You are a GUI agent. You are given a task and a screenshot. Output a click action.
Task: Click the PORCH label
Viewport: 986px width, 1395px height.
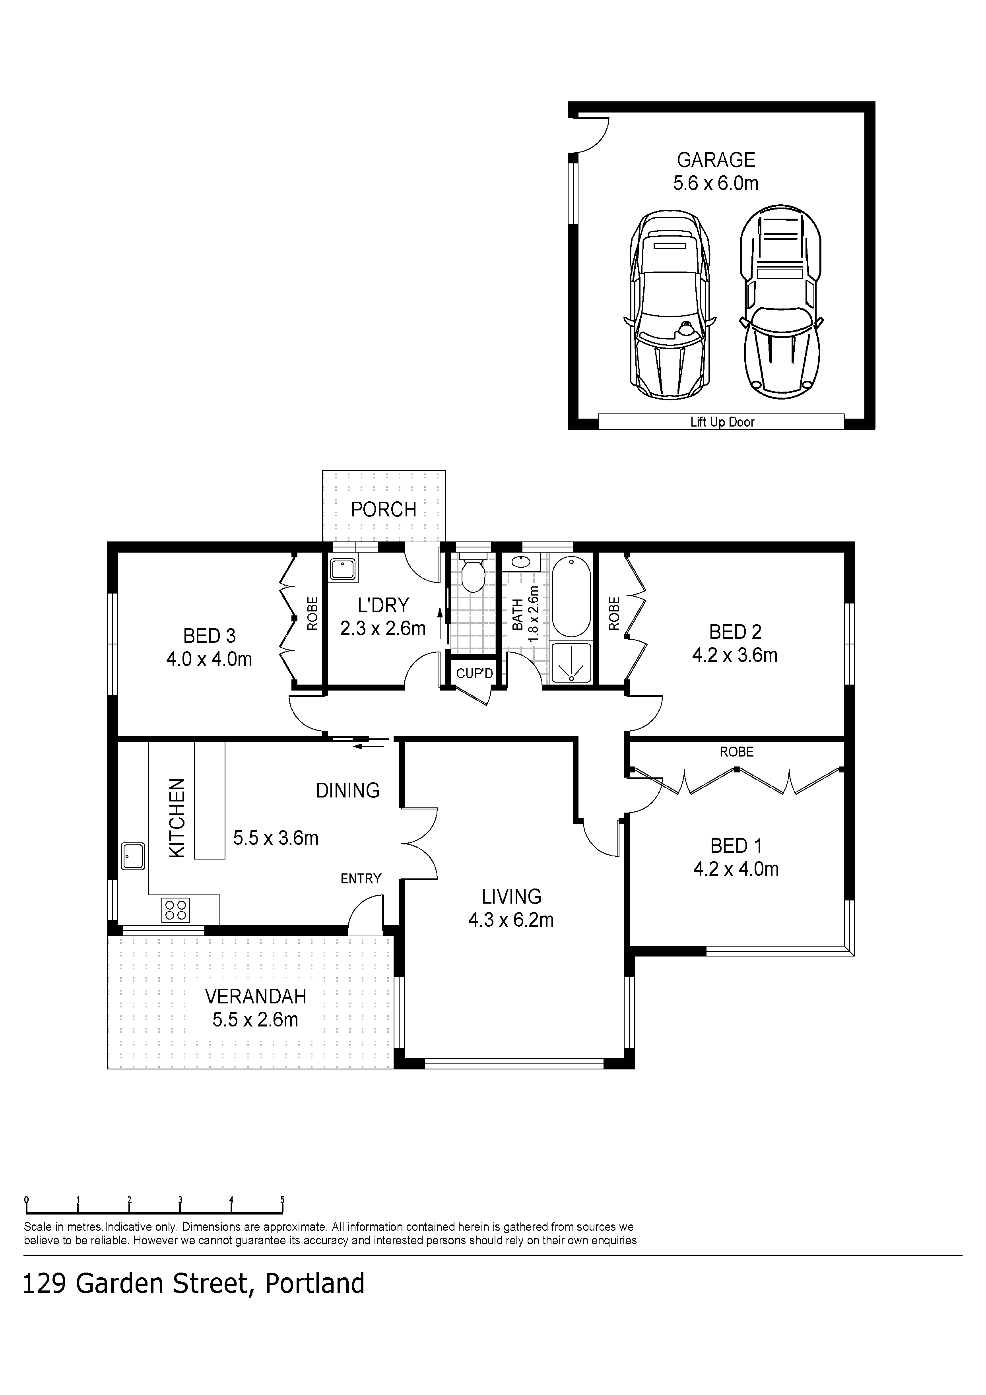tap(383, 509)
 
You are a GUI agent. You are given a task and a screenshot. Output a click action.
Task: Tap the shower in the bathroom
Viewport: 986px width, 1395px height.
tap(571, 664)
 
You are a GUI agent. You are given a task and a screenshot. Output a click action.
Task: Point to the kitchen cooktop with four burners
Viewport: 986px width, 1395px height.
tap(176, 910)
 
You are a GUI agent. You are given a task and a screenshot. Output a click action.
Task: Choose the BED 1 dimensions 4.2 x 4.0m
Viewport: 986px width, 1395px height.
tap(736, 869)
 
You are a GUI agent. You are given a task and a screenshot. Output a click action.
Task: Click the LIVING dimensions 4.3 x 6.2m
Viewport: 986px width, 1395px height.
tap(510, 920)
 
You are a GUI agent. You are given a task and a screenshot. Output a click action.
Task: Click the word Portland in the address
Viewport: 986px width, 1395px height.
tap(315, 1284)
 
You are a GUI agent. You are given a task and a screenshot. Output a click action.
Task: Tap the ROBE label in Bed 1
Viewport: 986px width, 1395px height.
tap(736, 752)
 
